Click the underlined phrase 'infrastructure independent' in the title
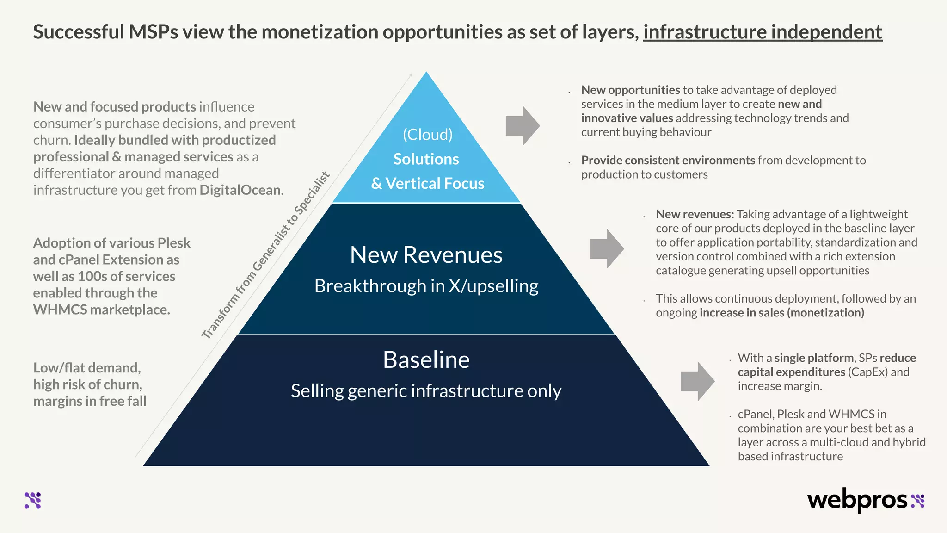[763, 32]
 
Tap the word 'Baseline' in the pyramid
[426, 359]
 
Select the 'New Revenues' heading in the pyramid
[426, 255]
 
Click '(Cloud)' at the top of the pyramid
[427, 135]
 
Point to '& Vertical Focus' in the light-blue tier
[427, 184]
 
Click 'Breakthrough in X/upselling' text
[426, 286]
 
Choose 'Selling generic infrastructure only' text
[426, 391]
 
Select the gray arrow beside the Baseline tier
[697, 381]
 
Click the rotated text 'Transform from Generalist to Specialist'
[265, 255]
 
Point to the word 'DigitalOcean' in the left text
[240, 190]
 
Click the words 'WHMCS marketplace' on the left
[102, 310]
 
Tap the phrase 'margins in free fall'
[90, 401]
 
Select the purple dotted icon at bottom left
[33, 501]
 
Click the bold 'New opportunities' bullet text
[630, 90]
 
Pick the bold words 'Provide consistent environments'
[668, 160]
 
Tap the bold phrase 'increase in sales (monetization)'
[781, 313]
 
